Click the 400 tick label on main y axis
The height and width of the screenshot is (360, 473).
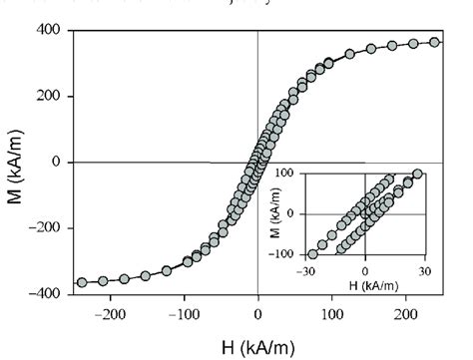pyautogui.click(x=48, y=31)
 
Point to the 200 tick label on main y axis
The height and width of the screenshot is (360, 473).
pyautogui.click(x=48, y=97)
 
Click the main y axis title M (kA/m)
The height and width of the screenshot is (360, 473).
pyautogui.click(x=16, y=163)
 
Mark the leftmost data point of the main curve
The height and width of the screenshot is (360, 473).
pyautogui.click(x=82, y=282)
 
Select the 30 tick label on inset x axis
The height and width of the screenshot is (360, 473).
pyautogui.click(x=425, y=270)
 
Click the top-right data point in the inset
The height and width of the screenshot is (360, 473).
pyautogui.click(x=418, y=174)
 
